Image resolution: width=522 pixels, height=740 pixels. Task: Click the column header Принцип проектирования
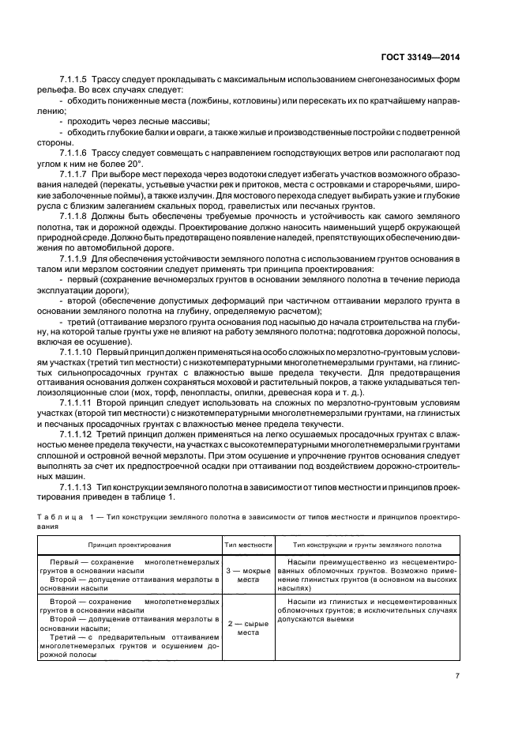click(x=130, y=545)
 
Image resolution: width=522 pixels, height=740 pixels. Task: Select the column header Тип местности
click(x=249, y=545)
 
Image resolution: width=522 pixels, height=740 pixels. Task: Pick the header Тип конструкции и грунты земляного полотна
click(x=367, y=545)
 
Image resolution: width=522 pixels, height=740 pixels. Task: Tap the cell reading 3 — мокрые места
click(x=249, y=574)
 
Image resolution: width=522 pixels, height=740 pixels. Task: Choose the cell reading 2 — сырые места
click(x=249, y=628)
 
